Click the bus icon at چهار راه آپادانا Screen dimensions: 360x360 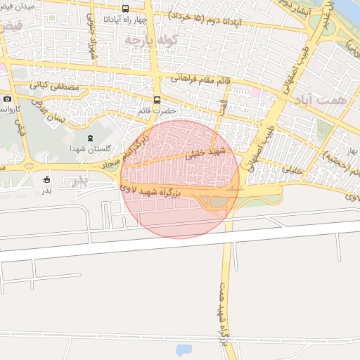[125, 9]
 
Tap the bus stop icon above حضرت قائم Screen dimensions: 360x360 [156, 100]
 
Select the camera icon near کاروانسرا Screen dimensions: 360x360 [7, 99]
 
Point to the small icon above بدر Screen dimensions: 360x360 [47, 179]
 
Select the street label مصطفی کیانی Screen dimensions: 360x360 [49, 84]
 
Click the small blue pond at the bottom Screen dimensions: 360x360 [183, 349]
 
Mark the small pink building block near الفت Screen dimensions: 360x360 [255, 93]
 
